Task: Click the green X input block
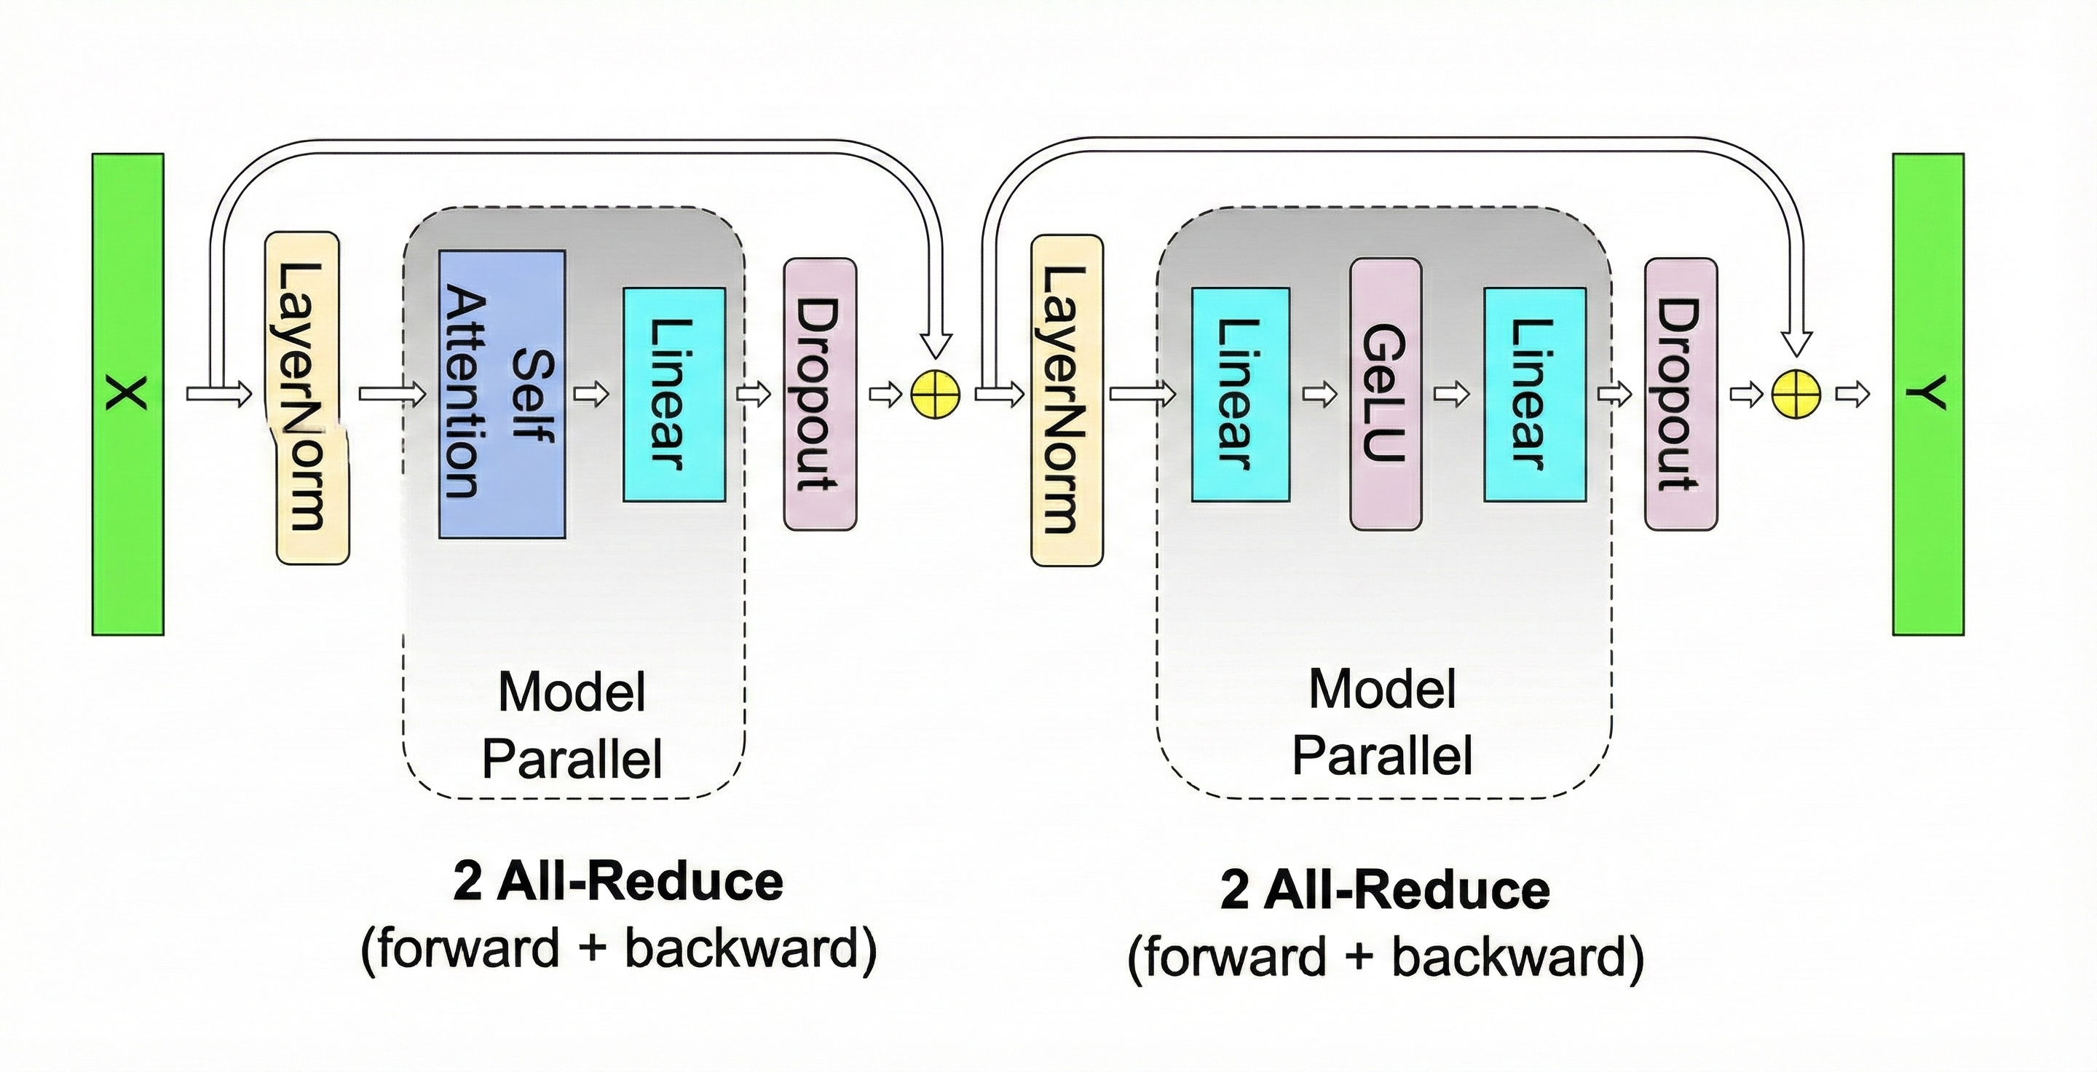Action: tap(128, 394)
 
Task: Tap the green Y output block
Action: tap(1927, 394)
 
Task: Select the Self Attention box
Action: tap(502, 394)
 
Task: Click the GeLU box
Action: tap(1386, 394)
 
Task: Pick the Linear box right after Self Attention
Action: tap(674, 394)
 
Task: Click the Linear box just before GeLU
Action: tap(1240, 394)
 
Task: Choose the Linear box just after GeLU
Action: tap(1534, 394)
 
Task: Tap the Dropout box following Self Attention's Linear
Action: tap(820, 394)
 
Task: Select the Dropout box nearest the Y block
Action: tap(1681, 394)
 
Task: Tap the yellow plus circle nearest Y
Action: tap(1796, 395)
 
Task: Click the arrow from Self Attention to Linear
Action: tap(592, 395)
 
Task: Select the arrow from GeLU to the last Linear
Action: tap(1451, 395)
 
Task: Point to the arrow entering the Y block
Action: tap(1852, 395)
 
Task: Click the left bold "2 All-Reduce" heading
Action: tap(618, 881)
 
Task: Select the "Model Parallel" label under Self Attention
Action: tap(572, 725)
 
